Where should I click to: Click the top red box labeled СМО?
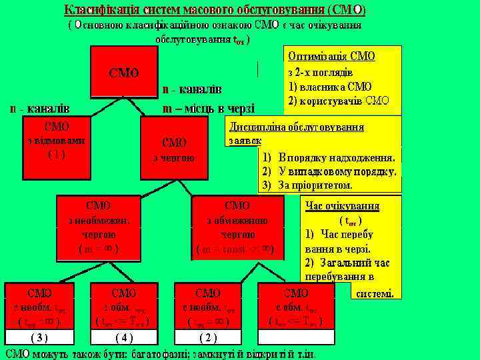click(x=124, y=72)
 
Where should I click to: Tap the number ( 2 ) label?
click(x=208, y=337)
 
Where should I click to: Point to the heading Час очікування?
click(x=342, y=206)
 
